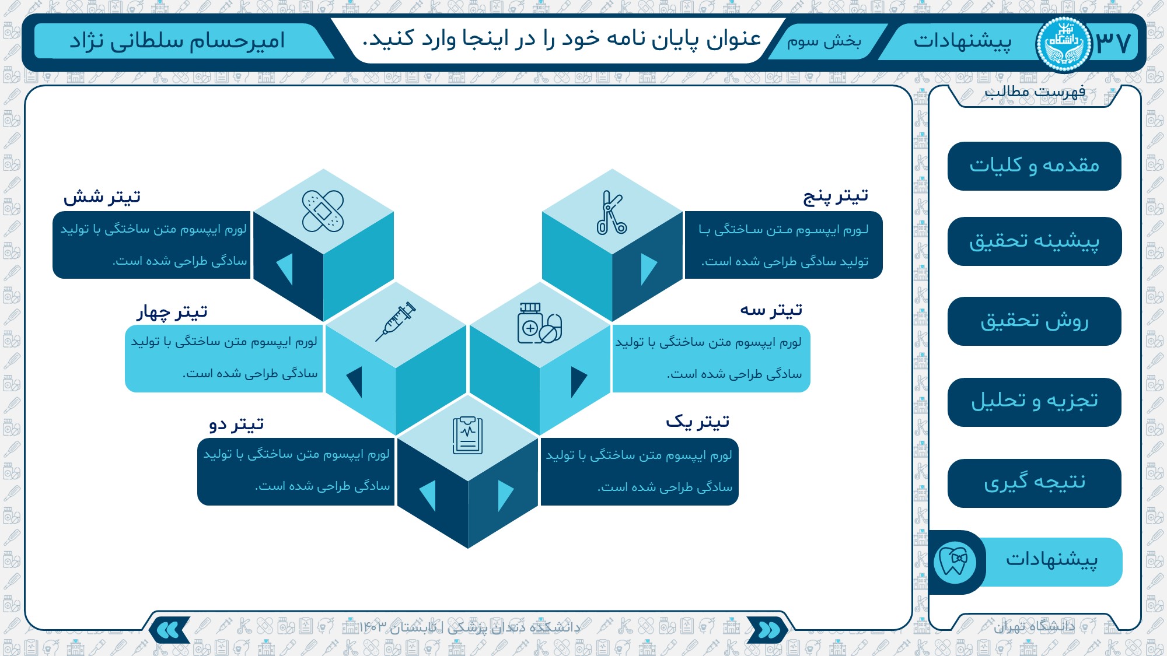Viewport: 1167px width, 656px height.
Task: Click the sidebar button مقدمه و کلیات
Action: [1034, 166]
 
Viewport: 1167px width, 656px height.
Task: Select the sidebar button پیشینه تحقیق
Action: [1034, 241]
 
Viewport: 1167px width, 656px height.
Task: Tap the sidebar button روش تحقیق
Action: [1034, 321]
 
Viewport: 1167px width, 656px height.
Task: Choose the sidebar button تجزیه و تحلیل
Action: [1034, 402]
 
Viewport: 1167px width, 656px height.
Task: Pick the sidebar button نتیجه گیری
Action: [1034, 483]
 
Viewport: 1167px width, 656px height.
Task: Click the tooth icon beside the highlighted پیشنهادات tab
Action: [955, 562]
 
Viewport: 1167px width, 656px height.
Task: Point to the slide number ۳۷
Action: [1113, 42]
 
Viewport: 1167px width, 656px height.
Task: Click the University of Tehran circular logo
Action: [1063, 43]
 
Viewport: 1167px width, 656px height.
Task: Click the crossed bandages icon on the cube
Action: [323, 211]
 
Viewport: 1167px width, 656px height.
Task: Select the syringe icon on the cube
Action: [396, 321]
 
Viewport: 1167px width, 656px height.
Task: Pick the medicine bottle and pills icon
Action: [540, 323]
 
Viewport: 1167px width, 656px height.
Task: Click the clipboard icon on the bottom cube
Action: [468, 435]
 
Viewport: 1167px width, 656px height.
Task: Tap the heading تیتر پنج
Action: [836, 197]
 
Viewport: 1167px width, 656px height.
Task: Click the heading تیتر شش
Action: [102, 197]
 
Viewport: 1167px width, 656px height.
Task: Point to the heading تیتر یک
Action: [698, 421]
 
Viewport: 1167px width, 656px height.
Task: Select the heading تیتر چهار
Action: [172, 312]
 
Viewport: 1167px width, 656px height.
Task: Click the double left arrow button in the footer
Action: [169, 630]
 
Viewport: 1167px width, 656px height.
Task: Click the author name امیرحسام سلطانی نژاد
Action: [177, 41]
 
